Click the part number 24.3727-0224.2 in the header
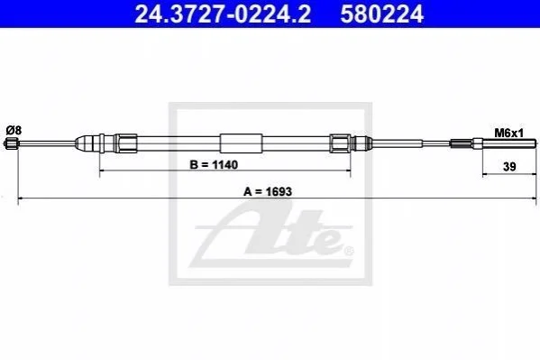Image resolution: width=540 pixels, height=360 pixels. coord(223,14)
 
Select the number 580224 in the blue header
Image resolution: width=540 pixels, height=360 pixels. coord(381,14)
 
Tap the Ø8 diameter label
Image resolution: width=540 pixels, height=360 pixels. coord(14,130)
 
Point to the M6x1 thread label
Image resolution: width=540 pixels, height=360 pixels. coord(508,134)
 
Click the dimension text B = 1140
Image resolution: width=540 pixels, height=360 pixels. coord(214,165)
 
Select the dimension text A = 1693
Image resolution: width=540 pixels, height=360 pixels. coord(268,191)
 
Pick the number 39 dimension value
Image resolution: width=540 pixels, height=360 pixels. coord(509,167)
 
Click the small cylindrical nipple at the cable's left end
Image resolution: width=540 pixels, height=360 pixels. coord(10,143)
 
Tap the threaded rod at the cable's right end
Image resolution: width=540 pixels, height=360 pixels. coord(509,143)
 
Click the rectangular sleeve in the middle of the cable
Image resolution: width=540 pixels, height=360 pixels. coord(241,143)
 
